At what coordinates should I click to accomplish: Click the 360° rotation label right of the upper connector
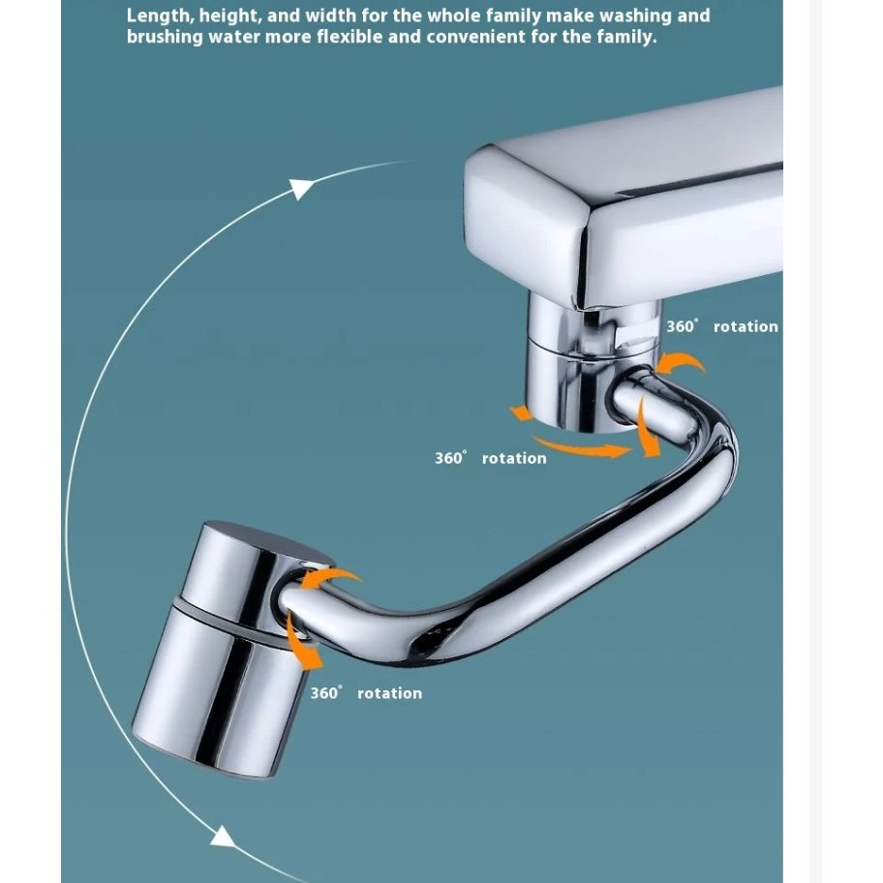pos(722,326)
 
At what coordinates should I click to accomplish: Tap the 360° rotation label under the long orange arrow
pos(491,458)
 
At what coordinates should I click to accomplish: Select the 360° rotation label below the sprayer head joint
pos(366,692)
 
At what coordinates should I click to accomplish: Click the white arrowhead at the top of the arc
pos(301,189)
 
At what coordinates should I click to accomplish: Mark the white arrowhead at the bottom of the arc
pos(223,837)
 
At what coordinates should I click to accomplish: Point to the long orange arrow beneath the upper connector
pos(581,447)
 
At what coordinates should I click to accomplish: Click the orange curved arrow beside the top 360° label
pos(681,362)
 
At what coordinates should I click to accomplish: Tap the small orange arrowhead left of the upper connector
pos(522,413)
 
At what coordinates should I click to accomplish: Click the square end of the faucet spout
pos(527,223)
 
